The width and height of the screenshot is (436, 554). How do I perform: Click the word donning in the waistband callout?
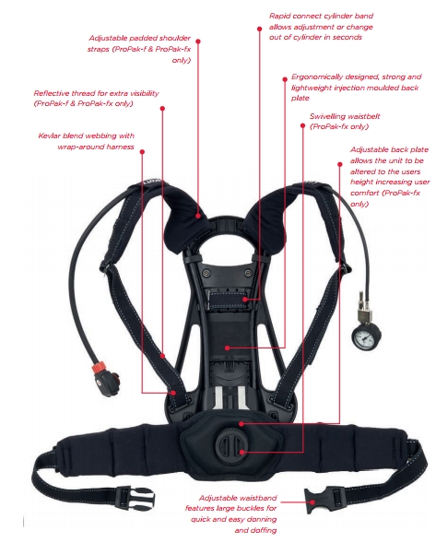tap(261, 519)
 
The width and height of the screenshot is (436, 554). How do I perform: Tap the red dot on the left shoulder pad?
tap(198, 215)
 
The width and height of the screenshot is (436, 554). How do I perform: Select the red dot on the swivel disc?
tap(242, 452)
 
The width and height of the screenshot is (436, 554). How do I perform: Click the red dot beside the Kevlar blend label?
tap(142, 152)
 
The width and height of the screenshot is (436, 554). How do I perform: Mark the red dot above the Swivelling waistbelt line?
tap(302, 125)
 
